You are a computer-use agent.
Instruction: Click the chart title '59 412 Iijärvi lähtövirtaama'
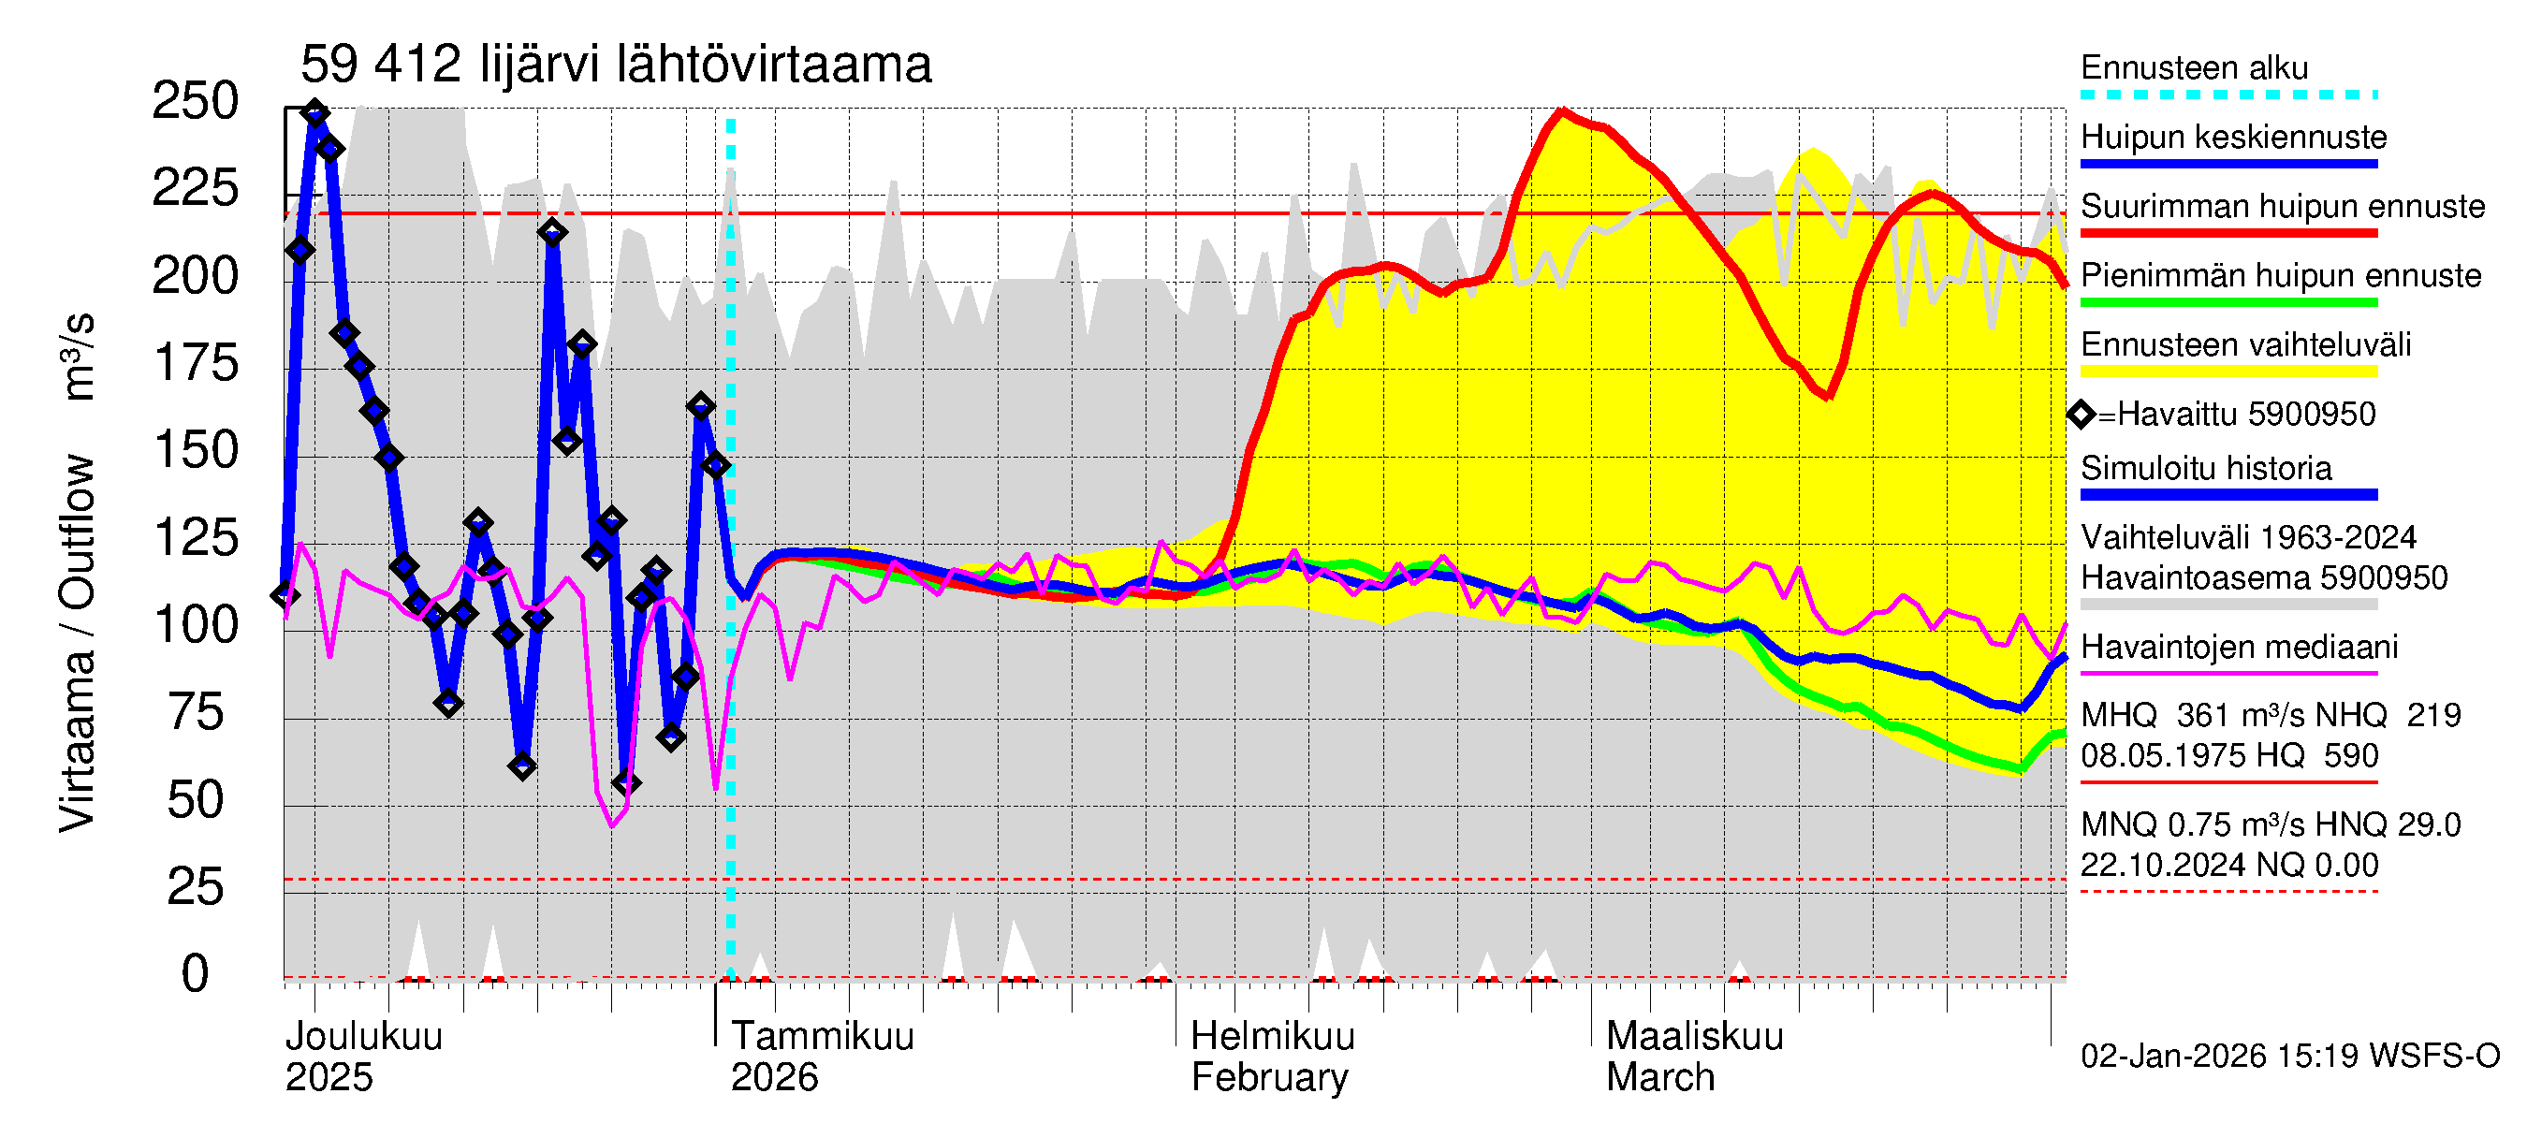point(615,66)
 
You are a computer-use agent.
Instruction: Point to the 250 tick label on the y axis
point(196,101)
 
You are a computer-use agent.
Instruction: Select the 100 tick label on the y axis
point(196,625)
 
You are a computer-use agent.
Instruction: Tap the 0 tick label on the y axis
point(196,974)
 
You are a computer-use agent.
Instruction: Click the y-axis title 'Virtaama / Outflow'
point(77,642)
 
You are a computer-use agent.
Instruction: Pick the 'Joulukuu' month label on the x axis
point(364,1037)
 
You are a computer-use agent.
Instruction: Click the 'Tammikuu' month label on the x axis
point(822,1037)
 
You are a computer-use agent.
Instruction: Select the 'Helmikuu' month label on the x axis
point(1272,1037)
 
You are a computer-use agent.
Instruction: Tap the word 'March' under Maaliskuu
point(1659,1078)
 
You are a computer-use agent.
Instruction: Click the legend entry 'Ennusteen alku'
point(2195,68)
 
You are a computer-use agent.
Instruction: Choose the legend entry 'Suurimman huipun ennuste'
point(2283,207)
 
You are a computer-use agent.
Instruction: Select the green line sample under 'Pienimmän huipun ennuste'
point(2228,302)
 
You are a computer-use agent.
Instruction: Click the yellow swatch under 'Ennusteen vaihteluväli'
point(2228,372)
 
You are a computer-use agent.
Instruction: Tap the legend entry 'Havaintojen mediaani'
point(2239,648)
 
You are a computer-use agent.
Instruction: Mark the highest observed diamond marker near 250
point(314,114)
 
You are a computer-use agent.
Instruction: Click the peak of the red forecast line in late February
point(1562,110)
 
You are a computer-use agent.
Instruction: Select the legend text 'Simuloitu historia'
point(2206,469)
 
